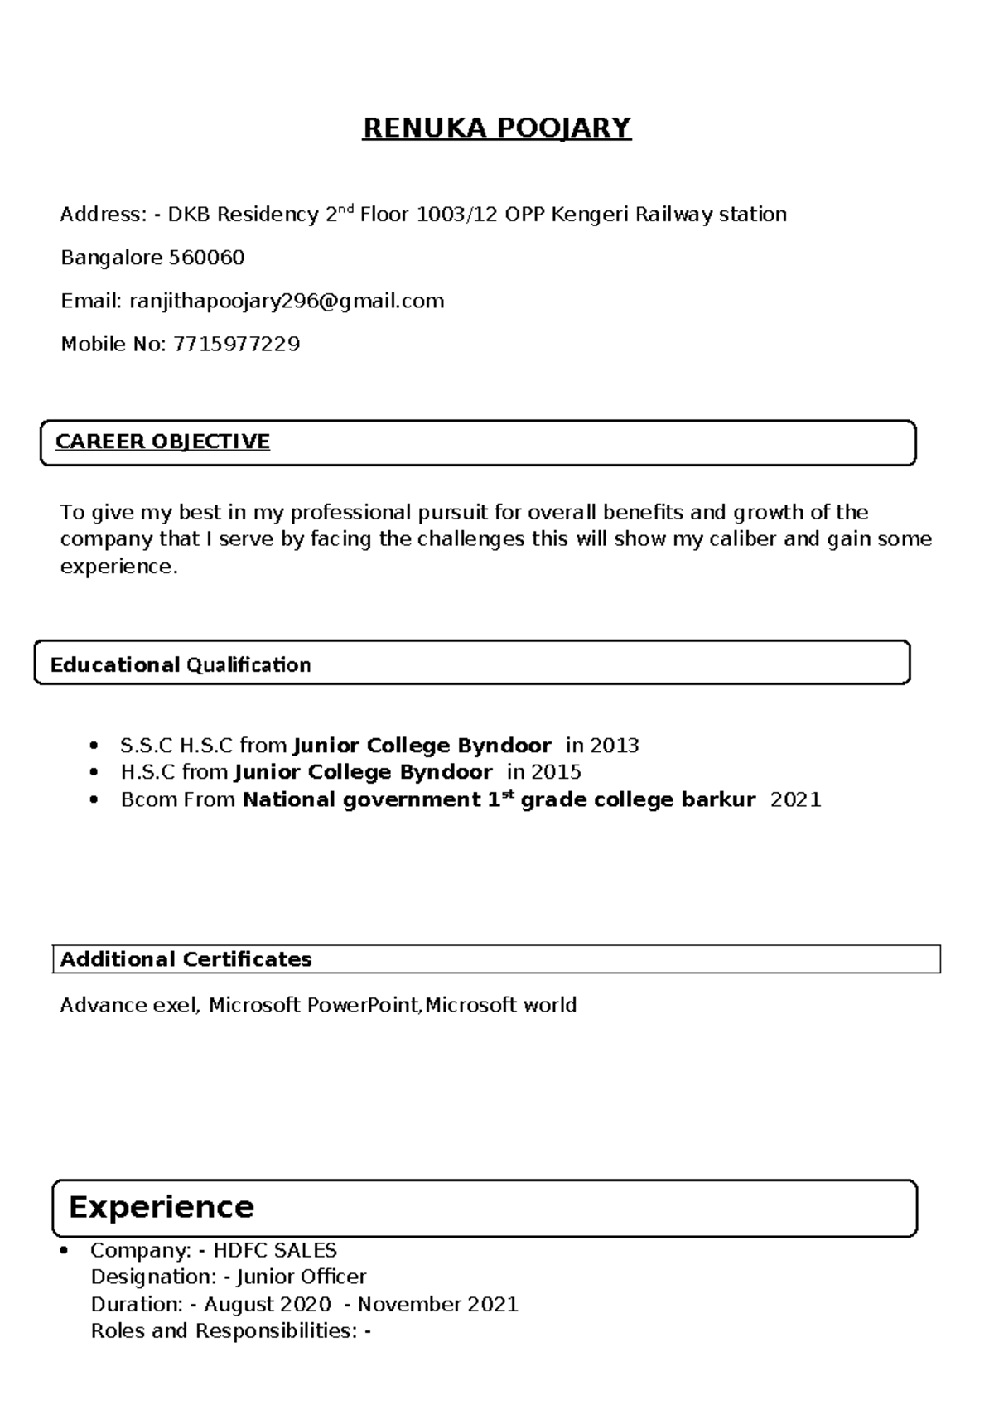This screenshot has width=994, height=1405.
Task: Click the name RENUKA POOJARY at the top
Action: point(496,128)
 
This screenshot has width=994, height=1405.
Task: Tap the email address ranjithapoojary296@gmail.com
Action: point(287,301)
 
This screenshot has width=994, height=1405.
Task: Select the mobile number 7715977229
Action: point(236,344)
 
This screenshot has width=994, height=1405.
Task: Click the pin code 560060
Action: point(206,258)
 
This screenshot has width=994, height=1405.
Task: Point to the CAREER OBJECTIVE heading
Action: point(162,442)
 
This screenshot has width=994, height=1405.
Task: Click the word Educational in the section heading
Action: point(115,665)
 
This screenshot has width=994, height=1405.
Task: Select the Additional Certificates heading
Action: point(186,959)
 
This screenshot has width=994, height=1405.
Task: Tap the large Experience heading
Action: point(161,1207)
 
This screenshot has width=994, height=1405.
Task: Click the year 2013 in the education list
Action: point(614,746)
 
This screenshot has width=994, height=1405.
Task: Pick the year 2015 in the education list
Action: point(556,772)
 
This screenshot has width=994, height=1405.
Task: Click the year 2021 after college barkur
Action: point(795,799)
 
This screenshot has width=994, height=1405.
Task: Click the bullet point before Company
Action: point(65,1250)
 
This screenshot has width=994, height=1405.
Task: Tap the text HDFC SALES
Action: point(275,1250)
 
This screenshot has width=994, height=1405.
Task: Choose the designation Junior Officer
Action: point(302,1277)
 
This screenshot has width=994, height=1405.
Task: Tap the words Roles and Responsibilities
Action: point(223,1331)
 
